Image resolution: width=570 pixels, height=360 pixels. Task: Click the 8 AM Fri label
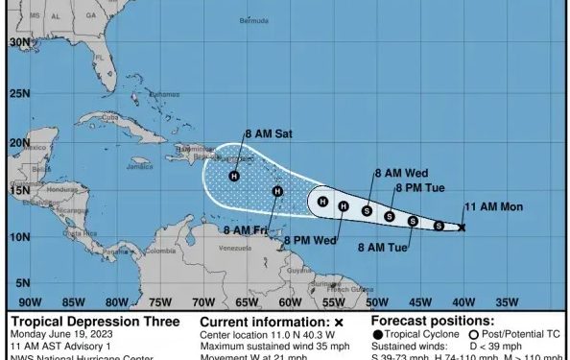click(244, 229)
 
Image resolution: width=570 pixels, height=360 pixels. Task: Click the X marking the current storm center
click(462, 228)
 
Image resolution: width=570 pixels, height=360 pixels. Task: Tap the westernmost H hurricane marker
click(234, 176)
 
